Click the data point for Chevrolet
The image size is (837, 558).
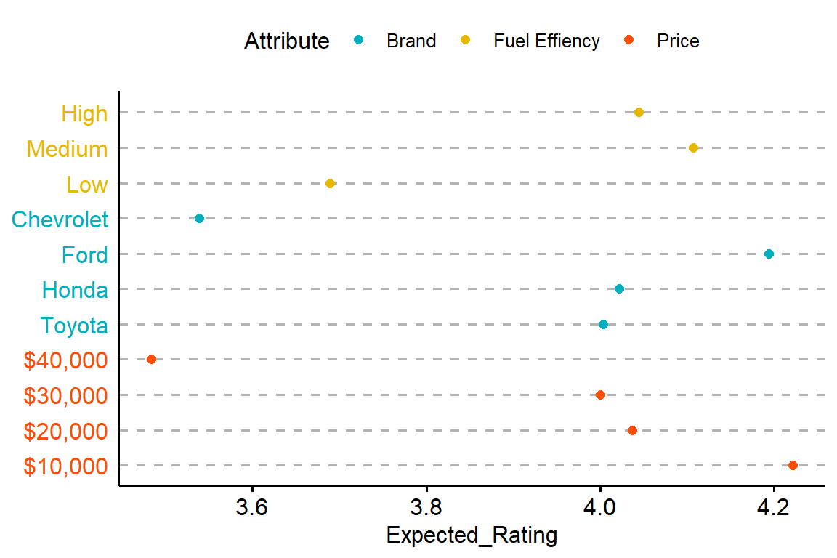pos(199,219)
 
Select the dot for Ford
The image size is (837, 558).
pos(769,254)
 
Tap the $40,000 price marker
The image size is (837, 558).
pos(151,359)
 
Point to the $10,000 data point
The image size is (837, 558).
pos(793,465)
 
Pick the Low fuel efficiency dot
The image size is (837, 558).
pos(331,183)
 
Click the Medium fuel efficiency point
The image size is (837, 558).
pos(693,148)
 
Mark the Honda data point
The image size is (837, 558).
pos(619,289)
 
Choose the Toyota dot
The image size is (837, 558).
pos(603,324)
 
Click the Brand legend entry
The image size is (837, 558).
pos(411,41)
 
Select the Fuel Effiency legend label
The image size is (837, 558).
pos(546,41)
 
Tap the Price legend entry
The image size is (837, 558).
pos(678,41)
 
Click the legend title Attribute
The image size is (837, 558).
pos(286,41)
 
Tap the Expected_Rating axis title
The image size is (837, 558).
pos(472,535)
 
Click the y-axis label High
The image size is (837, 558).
pos(84,113)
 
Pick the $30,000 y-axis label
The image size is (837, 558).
pos(65,395)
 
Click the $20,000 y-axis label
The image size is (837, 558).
pos(65,431)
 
